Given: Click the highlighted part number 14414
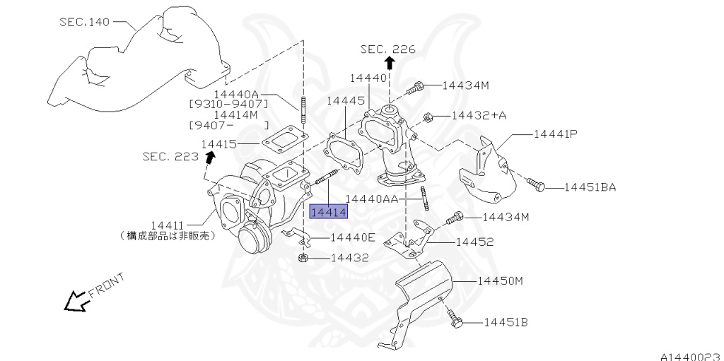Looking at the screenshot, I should tap(328, 211).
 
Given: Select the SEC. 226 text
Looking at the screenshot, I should tap(387, 49).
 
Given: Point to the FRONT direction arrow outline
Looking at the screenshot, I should tap(74, 302).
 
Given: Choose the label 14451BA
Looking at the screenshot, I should tap(590, 187).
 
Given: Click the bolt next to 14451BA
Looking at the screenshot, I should tap(537, 185).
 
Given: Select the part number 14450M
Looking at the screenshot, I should tap(500, 280).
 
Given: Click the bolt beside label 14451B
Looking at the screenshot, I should tap(457, 323).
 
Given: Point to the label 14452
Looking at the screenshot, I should tap(474, 242).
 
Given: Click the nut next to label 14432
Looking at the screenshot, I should tap(302, 259).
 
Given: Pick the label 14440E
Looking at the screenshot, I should tap(353, 237).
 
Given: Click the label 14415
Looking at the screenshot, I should tap(218, 143).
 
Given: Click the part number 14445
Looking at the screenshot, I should tap(345, 101).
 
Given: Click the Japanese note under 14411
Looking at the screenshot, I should tap(167, 237).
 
